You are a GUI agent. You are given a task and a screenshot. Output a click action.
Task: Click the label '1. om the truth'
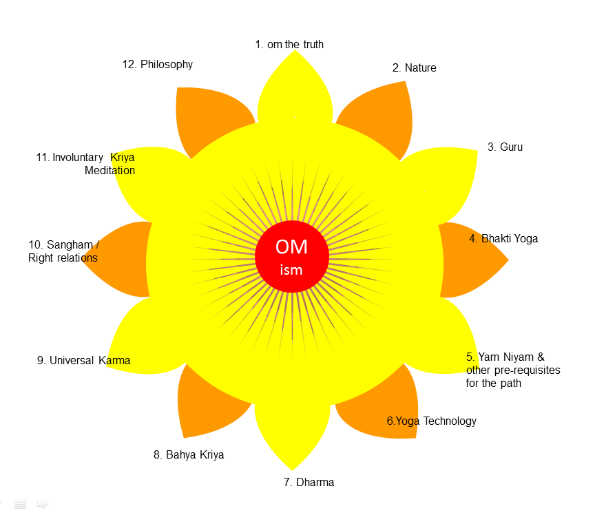[x=289, y=45]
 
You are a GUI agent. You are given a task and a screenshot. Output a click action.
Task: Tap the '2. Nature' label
[x=415, y=68]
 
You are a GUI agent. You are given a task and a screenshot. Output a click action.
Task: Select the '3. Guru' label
[x=505, y=147]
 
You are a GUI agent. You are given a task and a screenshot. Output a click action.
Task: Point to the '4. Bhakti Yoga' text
[x=503, y=239]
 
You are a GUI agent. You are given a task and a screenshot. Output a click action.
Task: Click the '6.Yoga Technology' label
[x=432, y=421]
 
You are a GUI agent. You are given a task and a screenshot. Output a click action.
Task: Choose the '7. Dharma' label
[x=309, y=482]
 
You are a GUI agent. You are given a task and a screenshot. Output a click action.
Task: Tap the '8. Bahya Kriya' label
[x=189, y=454]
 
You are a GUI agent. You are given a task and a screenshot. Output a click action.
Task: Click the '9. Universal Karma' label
[x=83, y=360]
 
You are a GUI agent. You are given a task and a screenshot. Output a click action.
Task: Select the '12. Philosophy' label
[x=158, y=65]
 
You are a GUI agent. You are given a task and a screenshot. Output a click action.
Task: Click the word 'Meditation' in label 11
[x=109, y=170]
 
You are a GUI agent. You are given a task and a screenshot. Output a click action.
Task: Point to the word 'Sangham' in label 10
[x=70, y=244]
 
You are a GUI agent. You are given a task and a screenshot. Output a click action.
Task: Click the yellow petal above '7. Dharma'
[x=292, y=430]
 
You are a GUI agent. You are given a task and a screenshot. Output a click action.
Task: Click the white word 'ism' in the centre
[x=291, y=270]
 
